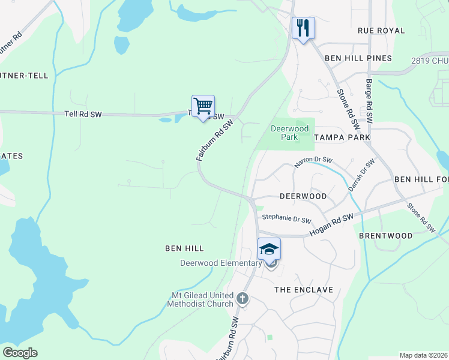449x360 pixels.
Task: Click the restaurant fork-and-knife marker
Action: click(x=303, y=28)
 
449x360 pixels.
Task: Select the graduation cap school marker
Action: click(x=269, y=248)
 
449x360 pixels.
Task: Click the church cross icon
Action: click(x=243, y=298)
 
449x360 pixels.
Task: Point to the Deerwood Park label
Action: click(x=289, y=133)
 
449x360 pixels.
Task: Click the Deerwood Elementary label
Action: click(x=221, y=263)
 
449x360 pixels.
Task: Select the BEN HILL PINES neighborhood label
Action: click(x=358, y=58)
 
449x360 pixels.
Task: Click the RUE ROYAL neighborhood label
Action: click(x=381, y=30)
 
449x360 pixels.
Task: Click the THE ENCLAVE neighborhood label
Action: click(x=303, y=290)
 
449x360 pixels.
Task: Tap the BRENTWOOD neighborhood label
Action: click(x=385, y=236)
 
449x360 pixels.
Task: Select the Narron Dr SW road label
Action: click(x=313, y=161)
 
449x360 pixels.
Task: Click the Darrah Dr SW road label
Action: click(x=361, y=175)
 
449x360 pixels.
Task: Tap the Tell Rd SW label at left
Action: click(x=83, y=113)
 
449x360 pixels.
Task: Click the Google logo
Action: click(x=20, y=353)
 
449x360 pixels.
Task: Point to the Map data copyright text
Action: click(x=424, y=355)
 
